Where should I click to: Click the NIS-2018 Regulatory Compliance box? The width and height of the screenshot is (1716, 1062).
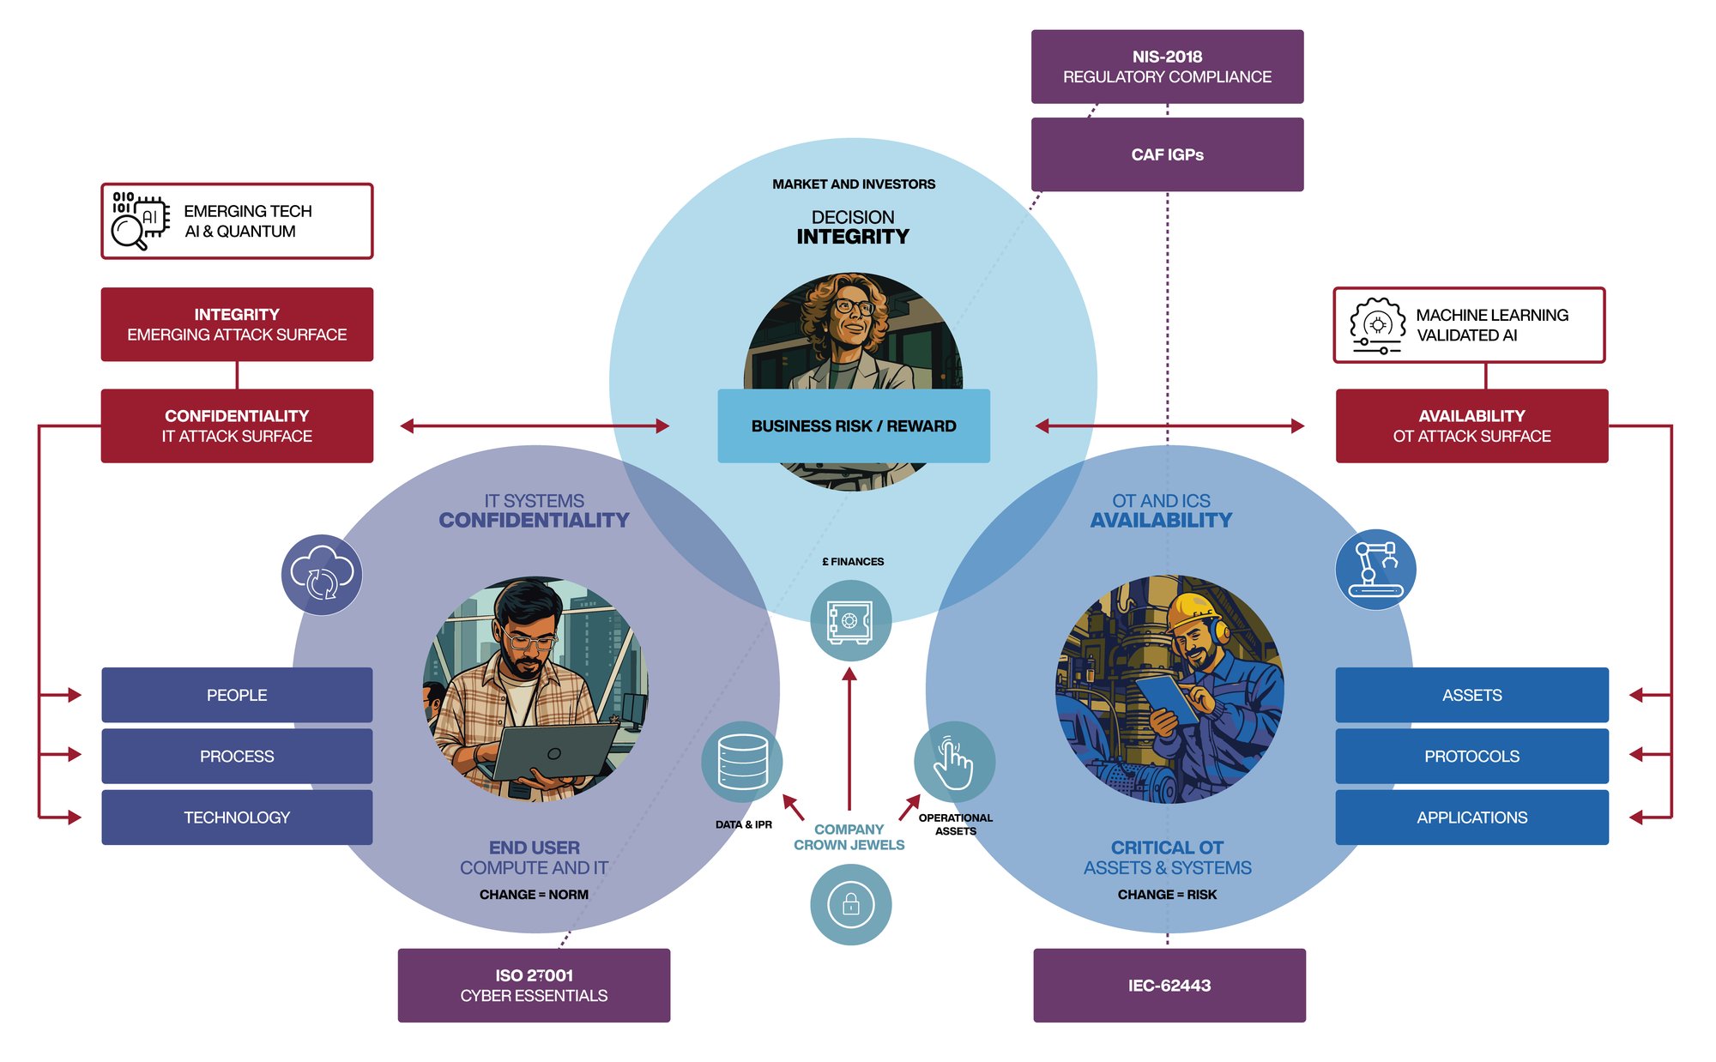(1167, 67)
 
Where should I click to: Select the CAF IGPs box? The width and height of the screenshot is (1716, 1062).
(1167, 154)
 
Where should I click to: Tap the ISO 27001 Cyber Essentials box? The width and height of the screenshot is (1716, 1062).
(534, 985)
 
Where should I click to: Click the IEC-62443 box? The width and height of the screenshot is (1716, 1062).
(1169, 985)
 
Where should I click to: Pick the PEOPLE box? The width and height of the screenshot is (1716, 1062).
(237, 695)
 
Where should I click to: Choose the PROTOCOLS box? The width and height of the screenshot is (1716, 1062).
(1471, 756)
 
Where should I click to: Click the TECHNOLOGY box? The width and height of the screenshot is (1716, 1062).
(237, 818)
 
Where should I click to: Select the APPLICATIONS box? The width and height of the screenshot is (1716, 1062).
(1471, 818)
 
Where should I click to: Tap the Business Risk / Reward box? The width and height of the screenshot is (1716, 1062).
(853, 426)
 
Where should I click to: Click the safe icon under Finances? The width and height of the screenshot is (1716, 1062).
(850, 620)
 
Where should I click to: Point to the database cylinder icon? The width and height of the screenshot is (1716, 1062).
(742, 762)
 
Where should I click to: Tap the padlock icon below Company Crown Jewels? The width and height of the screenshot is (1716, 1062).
(850, 904)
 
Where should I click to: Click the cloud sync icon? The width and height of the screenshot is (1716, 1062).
(322, 575)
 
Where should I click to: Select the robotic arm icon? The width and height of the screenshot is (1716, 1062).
(1375, 569)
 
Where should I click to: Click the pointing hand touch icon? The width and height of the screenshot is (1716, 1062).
(953, 762)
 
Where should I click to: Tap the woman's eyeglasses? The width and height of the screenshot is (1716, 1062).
(854, 306)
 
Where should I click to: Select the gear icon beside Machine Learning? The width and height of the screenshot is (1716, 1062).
(1378, 325)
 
